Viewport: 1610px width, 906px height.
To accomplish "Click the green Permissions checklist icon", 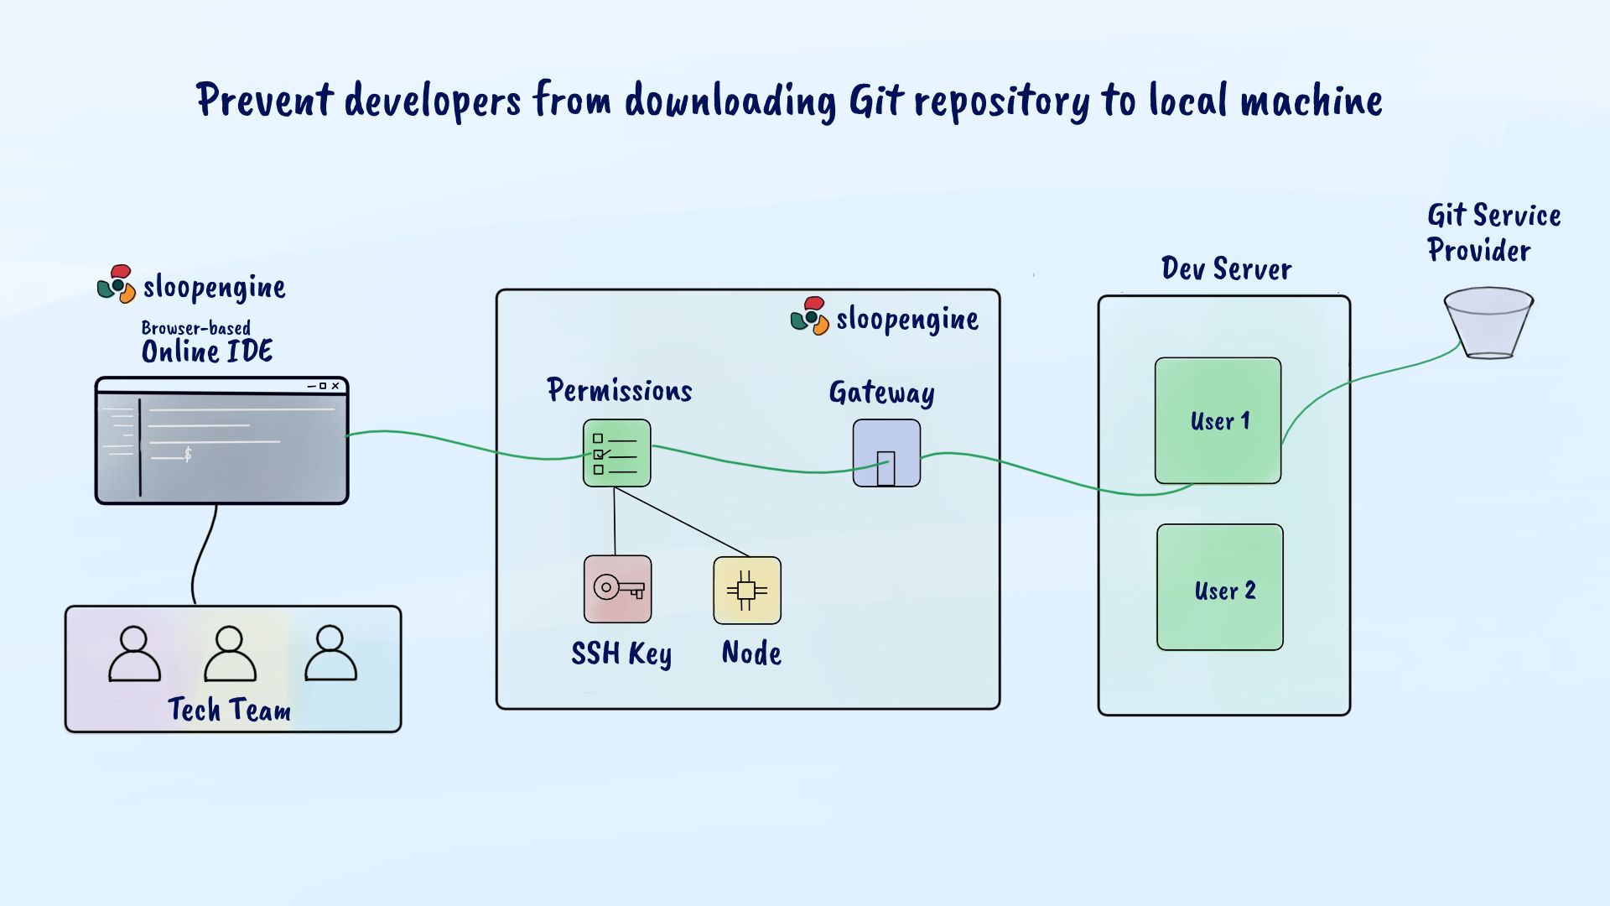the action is pyautogui.click(x=617, y=453).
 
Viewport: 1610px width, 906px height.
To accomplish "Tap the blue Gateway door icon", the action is pyautogui.click(x=886, y=453).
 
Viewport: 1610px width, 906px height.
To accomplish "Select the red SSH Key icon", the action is pyautogui.click(x=617, y=589).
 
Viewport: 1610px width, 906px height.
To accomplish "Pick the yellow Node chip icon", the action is pyautogui.click(x=747, y=591).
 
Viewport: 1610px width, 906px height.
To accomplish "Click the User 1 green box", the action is pyautogui.click(x=1218, y=420).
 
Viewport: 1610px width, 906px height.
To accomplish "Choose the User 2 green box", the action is pyautogui.click(x=1220, y=587).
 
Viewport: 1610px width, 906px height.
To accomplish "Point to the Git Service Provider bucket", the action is pyautogui.click(x=1488, y=323).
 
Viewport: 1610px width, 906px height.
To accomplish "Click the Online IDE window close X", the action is pyautogui.click(x=335, y=386).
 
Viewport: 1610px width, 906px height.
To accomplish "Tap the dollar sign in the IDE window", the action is pyautogui.click(x=188, y=454).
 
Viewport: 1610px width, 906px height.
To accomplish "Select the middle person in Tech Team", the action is pyautogui.click(x=230, y=653).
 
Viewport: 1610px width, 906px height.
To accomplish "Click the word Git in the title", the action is pyautogui.click(x=876, y=102).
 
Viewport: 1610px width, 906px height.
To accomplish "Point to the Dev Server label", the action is pyautogui.click(x=1226, y=269).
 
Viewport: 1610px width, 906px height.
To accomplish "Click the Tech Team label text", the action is pyautogui.click(x=229, y=710).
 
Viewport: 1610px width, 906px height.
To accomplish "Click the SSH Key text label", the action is pyautogui.click(x=621, y=653).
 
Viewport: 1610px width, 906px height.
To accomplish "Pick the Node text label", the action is pyautogui.click(x=751, y=653).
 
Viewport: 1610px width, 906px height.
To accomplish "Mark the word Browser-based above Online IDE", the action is pyautogui.click(x=195, y=328).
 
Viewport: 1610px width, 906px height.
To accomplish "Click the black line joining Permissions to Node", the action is pyautogui.click(x=682, y=522).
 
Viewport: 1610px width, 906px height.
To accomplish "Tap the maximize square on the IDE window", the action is pyautogui.click(x=323, y=386).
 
